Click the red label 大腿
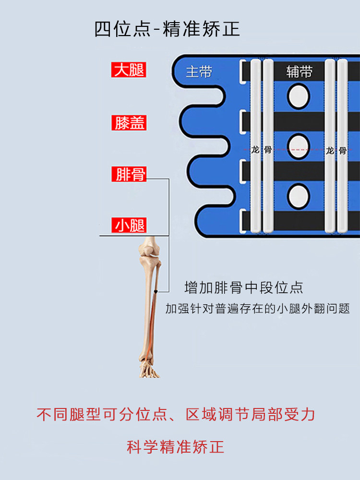pos(129,70)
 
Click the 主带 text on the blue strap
pos(199,72)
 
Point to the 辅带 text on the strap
pos(299,72)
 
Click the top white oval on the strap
pos(299,96)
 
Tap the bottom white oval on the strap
pos(299,197)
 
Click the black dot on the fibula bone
pos(156,291)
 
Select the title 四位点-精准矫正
pos(167,30)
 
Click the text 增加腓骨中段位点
pos(244,288)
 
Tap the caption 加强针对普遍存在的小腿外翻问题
pos(257,309)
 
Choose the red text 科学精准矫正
pos(176,447)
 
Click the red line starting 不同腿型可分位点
pos(176,414)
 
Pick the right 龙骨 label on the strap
pos(336,150)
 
